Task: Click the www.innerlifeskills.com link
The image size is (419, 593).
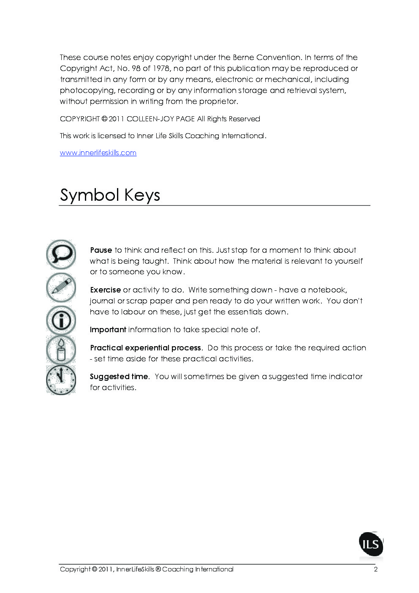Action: (x=98, y=153)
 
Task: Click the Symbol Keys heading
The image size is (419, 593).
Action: (x=110, y=195)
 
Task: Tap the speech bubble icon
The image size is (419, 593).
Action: (x=61, y=254)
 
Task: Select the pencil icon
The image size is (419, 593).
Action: (x=61, y=287)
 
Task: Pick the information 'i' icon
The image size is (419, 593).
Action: (x=61, y=320)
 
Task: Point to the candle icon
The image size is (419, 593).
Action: (x=61, y=350)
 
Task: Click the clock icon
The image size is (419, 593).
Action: (x=61, y=380)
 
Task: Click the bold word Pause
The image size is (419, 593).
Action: (x=101, y=250)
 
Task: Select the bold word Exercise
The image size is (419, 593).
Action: (x=105, y=290)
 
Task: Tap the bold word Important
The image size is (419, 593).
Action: (x=108, y=330)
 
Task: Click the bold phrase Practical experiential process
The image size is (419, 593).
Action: (x=146, y=348)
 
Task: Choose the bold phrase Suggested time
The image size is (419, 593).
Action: (x=119, y=377)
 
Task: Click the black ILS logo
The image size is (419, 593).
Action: (x=371, y=544)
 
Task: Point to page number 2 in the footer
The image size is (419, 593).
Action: (x=375, y=569)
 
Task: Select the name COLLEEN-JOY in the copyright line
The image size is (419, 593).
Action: (x=150, y=119)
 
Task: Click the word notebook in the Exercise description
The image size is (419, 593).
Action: (x=326, y=290)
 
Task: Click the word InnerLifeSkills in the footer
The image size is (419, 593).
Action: (x=135, y=569)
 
